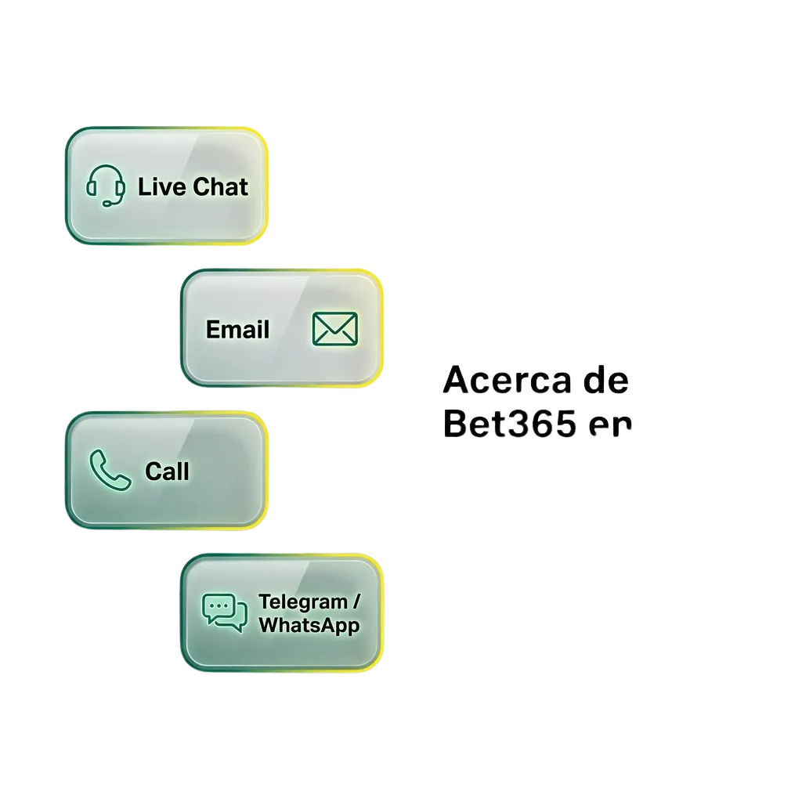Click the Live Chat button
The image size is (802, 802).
(x=167, y=186)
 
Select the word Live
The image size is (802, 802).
(x=162, y=187)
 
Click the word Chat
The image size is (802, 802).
(x=220, y=187)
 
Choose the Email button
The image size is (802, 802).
(x=282, y=328)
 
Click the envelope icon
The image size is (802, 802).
(x=334, y=328)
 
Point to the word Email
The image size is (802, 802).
(x=237, y=330)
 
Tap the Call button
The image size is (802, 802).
(x=167, y=470)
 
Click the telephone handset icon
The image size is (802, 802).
(x=110, y=469)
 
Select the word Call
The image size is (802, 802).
(x=167, y=471)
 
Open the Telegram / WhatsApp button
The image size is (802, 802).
(x=282, y=612)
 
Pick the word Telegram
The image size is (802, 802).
(x=302, y=603)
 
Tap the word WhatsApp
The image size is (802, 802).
(x=309, y=625)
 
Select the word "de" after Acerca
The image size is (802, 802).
(x=606, y=381)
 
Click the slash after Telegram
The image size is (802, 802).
(x=357, y=602)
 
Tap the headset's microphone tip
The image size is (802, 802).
(x=106, y=204)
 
